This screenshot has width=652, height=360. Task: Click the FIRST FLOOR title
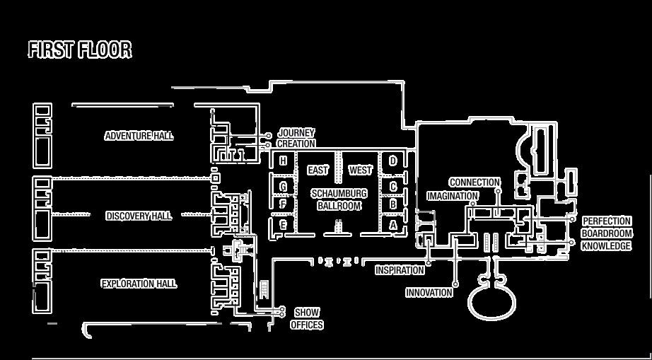[x=80, y=50]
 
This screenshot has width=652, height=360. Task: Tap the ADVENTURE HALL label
[x=139, y=136]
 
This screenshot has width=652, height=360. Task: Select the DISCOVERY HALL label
[x=139, y=216]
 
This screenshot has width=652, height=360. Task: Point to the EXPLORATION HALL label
[x=139, y=284]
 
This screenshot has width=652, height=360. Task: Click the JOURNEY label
[x=296, y=133]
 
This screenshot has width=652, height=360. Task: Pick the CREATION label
[x=296, y=144]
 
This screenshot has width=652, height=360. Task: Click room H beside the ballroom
[x=283, y=161]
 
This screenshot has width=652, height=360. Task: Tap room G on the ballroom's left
[x=283, y=187]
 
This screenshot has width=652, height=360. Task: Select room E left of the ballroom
[x=283, y=225]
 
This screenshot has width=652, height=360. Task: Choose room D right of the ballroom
[x=393, y=161]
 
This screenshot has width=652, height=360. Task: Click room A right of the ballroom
[x=393, y=225]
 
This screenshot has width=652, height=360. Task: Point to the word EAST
[x=318, y=170]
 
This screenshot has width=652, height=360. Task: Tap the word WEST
[x=360, y=170]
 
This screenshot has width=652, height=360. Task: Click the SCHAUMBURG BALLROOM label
[x=339, y=199]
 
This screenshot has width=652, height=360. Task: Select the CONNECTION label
[x=475, y=182]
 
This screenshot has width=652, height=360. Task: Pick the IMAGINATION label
[x=453, y=196]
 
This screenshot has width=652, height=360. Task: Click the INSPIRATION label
[x=400, y=270]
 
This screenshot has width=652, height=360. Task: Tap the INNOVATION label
[x=429, y=292]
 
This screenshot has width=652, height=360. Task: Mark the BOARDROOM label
[x=607, y=233]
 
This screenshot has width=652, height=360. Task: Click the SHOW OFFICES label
[x=307, y=318]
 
